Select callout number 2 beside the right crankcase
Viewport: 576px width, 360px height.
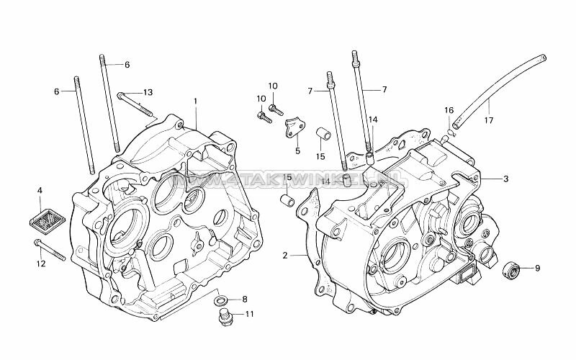click(285, 255)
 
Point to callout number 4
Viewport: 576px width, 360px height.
click(40, 190)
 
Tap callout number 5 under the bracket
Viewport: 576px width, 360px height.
click(297, 151)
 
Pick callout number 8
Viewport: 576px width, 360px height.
click(244, 299)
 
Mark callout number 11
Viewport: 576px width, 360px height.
click(249, 314)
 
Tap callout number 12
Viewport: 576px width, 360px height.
click(40, 264)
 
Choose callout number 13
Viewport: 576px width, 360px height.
click(148, 92)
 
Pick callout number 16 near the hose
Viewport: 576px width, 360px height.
click(448, 109)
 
